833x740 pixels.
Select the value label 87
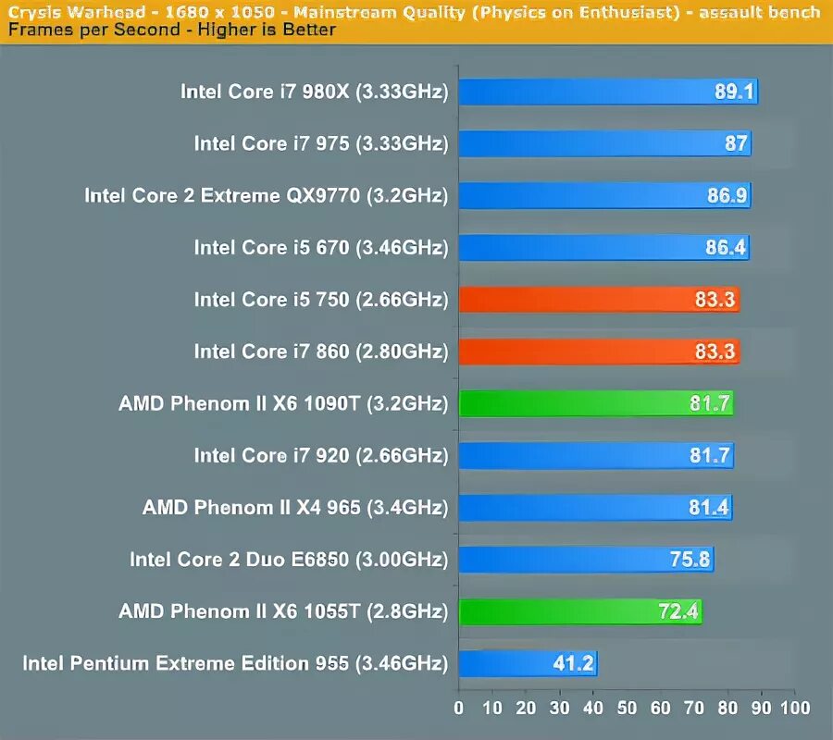[737, 144]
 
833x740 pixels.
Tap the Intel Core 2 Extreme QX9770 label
[266, 196]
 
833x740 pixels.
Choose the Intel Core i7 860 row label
[320, 352]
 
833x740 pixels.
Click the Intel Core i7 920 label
[320, 456]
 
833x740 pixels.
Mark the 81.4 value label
[710, 508]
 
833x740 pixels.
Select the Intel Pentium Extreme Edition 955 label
[235, 664]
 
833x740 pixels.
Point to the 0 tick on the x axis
[459, 709]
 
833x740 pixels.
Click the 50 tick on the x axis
[627, 709]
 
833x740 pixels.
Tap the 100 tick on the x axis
[794, 709]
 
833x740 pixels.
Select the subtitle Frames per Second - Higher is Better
[171, 30]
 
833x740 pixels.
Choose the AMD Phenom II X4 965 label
[294, 508]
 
